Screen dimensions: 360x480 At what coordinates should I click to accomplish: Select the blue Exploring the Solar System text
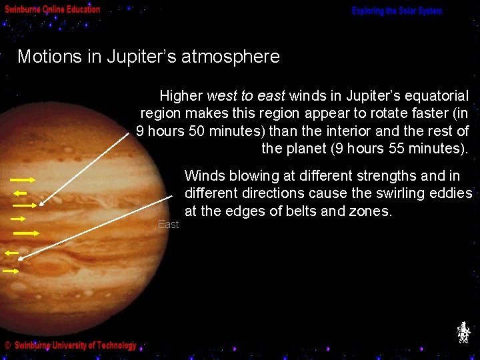397,11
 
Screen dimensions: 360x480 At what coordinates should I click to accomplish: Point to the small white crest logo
463,332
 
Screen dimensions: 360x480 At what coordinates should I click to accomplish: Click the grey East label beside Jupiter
168,225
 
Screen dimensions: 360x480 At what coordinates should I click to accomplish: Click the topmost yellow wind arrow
23,180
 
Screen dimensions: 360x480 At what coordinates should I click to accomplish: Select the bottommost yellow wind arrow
11,271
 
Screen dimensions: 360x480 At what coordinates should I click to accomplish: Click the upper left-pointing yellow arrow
19,193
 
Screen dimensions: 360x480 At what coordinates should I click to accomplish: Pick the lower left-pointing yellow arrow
11,253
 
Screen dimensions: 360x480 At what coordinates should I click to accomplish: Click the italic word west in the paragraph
222,97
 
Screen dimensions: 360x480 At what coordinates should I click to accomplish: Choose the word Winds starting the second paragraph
203,177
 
